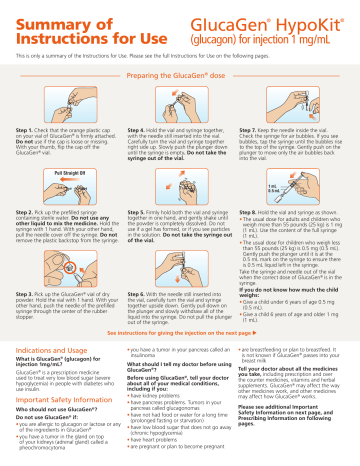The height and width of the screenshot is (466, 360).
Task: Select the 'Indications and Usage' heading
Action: [57, 350]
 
